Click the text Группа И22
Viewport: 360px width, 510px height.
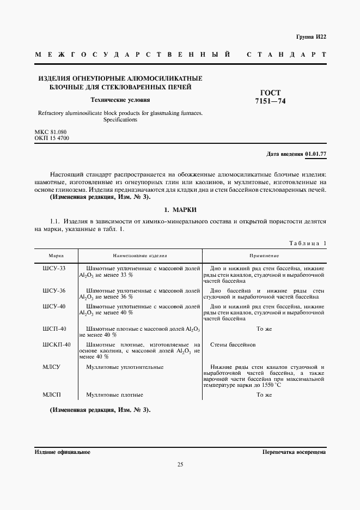(311, 37)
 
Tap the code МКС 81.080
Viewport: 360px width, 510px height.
(51, 132)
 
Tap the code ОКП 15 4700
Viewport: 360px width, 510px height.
(52, 138)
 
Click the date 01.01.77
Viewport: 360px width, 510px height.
(315, 154)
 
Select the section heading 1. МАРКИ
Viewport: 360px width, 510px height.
(180, 209)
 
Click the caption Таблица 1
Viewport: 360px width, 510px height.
(307, 243)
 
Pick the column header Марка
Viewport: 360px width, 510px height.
(56, 256)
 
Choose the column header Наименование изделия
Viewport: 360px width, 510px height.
(140, 256)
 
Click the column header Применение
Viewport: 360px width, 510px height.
(264, 256)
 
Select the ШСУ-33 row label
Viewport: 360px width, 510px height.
(54, 269)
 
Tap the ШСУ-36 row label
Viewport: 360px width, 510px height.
(54, 291)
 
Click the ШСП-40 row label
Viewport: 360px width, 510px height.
(54, 329)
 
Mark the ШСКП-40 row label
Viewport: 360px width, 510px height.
(57, 345)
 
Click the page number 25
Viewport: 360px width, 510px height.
(180, 465)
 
